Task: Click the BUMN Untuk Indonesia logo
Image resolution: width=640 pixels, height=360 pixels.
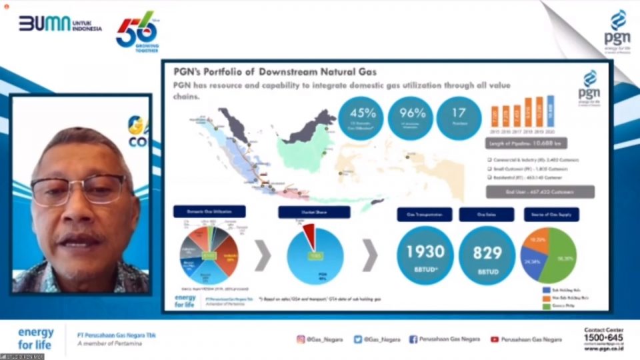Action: (x=60, y=25)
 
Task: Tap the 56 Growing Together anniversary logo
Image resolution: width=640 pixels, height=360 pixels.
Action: (x=136, y=31)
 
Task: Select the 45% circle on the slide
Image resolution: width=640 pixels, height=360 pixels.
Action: (x=361, y=119)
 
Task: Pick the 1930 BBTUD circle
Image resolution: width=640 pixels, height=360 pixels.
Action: (x=425, y=255)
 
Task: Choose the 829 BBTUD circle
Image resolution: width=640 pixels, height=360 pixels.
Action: (x=487, y=255)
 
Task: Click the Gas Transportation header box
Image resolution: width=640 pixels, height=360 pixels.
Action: (x=425, y=214)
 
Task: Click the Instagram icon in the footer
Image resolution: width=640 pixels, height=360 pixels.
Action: (x=301, y=339)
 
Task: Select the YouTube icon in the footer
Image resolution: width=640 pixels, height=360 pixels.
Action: (x=495, y=339)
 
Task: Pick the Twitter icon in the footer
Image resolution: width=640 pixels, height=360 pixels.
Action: (x=358, y=339)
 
